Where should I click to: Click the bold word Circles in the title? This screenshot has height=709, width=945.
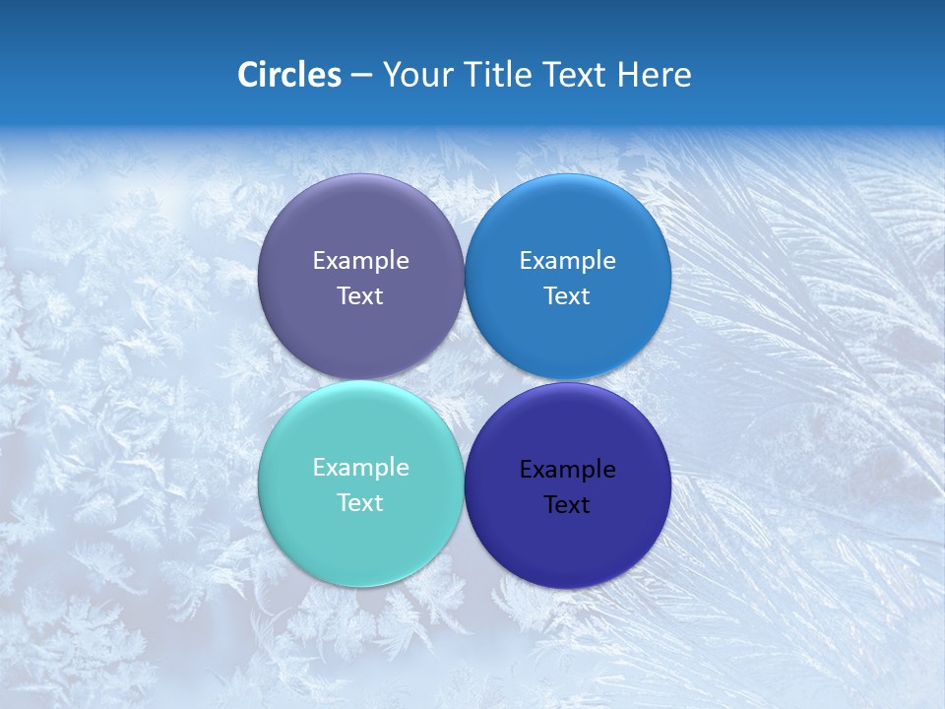pos(289,75)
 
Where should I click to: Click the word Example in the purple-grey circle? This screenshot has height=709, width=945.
pos(360,261)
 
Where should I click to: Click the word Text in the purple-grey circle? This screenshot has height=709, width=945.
pos(360,296)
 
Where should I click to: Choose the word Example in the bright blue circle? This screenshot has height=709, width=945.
pos(567,261)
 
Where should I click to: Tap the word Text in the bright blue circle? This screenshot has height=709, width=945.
pos(567,296)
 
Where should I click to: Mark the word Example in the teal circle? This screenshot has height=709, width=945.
pos(360,468)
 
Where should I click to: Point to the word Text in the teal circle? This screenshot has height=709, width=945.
pos(360,503)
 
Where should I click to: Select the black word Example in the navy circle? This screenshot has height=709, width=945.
pos(567,470)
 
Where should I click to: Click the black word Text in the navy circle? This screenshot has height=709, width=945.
pos(567,505)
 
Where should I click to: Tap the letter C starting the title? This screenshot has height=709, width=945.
pos(248,75)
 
